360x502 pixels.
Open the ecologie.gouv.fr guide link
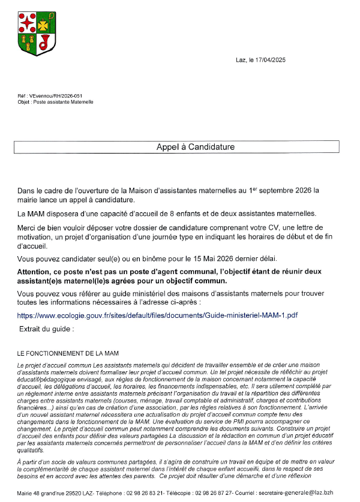157,315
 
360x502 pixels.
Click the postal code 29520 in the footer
89,493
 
